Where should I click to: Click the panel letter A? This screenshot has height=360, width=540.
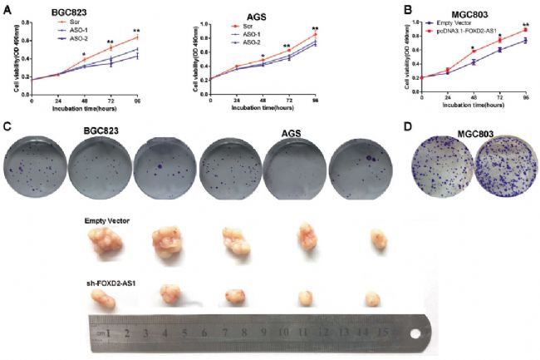point(7,7)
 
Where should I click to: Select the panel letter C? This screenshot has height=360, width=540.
point(7,129)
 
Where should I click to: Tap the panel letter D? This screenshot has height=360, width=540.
point(406,129)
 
